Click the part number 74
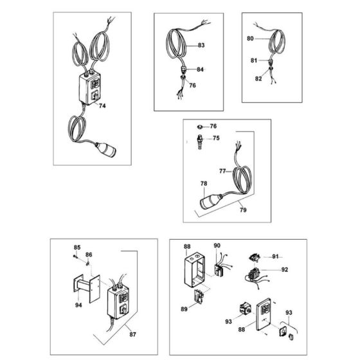[102, 106]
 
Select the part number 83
[201, 45]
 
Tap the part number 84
[200, 69]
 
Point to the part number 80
[250, 39]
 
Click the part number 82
[258, 78]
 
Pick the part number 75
[216, 138]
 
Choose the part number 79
[243, 210]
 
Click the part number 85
[77, 248]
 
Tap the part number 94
[78, 305]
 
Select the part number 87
[132, 334]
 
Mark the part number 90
[217, 246]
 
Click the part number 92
[284, 269]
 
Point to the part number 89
[184, 309]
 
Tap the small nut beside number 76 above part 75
[200, 127]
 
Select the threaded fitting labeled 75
[200, 142]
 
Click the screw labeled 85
[75, 256]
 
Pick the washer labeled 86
[87, 264]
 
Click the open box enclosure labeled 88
[194, 270]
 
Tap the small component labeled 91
[255, 257]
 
